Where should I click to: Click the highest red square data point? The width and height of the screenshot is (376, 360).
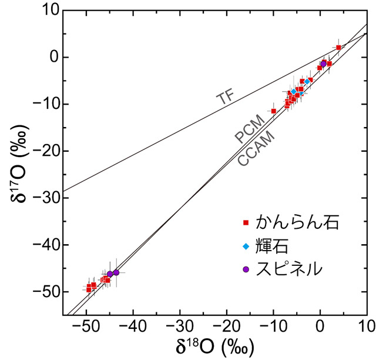(338, 47)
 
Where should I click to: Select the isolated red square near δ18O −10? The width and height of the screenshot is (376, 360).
(273, 111)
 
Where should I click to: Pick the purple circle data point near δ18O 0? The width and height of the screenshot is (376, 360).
(323, 64)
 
